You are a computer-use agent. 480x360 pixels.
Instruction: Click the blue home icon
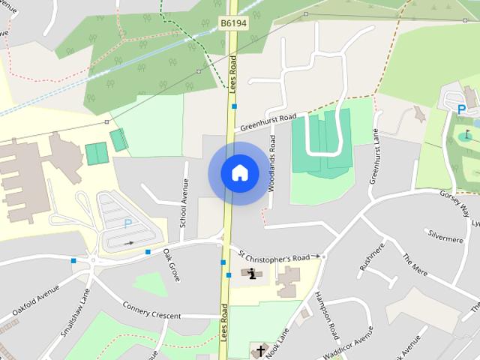(239, 172)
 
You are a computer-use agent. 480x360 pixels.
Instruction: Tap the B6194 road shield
(233, 25)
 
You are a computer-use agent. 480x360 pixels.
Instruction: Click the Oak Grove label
(172, 265)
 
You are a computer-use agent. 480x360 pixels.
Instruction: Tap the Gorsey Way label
(454, 202)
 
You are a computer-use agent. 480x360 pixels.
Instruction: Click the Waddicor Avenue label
(347, 340)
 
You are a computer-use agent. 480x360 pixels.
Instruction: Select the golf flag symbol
(466, 135)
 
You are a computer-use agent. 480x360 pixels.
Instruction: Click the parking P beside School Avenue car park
(127, 223)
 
